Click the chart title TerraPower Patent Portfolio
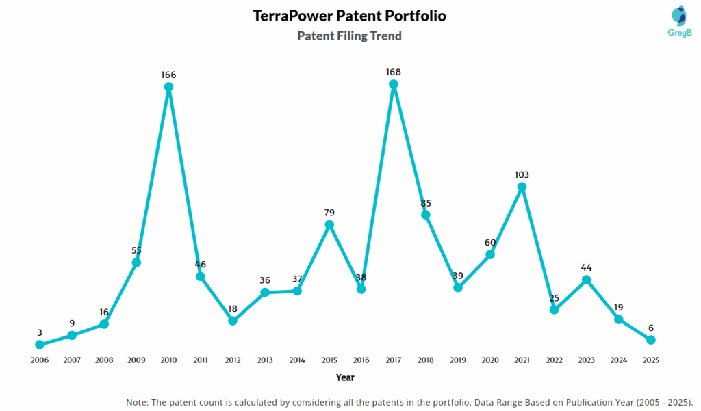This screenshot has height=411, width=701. click(349, 16)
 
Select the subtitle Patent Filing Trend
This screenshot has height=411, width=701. click(349, 36)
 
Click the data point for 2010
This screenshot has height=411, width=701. click(168, 87)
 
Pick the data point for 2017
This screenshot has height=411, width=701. click(394, 84)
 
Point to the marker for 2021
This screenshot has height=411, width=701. click(522, 186)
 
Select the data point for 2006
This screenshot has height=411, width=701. click(40, 345)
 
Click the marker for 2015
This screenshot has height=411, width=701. click(329, 224)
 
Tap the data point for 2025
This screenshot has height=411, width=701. click(651, 340)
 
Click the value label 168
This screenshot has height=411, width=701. click(394, 71)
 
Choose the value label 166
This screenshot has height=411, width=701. click(168, 74)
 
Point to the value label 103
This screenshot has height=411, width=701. click(522, 174)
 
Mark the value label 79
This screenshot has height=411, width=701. click(329, 213)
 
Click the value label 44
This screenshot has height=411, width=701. click(587, 267)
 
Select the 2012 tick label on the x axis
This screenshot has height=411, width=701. click(233, 360)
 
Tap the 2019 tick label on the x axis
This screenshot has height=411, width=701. click(458, 360)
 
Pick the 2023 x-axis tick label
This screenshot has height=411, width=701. click(587, 360)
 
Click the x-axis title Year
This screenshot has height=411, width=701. click(345, 377)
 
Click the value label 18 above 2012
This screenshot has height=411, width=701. click(233, 308)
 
